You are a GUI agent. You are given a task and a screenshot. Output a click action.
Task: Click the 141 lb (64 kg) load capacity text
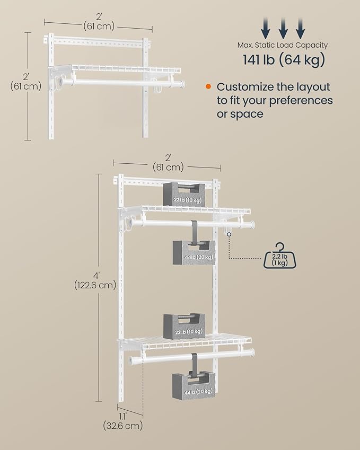284,60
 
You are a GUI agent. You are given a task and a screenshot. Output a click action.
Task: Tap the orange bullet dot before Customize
208,86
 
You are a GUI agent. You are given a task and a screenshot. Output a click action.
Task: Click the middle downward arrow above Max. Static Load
283,26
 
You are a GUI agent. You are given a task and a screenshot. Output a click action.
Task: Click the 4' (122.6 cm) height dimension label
95,279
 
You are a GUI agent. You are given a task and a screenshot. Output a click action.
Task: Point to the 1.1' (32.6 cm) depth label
123,420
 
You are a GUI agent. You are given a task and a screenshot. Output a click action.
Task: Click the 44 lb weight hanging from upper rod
194,252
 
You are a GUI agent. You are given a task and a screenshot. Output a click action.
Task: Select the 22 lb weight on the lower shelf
183,326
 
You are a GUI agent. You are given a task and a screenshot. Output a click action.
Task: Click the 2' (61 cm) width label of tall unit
167,163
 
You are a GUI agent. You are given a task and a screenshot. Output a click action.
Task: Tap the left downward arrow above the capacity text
266,26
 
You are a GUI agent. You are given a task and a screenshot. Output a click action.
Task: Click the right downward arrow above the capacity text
301,26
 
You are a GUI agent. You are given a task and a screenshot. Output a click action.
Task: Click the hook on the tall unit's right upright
227,229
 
